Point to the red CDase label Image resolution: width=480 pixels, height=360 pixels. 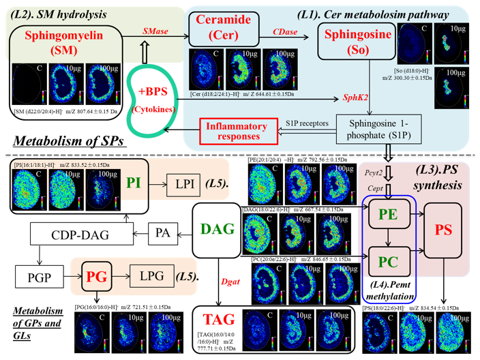pos(285,31)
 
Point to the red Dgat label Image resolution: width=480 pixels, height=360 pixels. pos(229,278)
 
